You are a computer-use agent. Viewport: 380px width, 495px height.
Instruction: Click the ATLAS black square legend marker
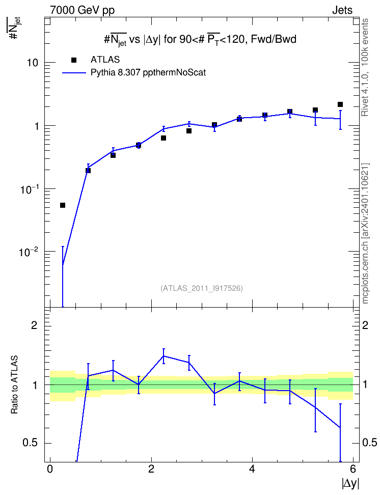click(x=74, y=60)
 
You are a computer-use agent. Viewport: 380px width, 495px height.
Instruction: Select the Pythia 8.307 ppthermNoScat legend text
click(x=148, y=73)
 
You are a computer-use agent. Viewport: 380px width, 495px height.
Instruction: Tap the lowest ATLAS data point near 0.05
click(x=63, y=205)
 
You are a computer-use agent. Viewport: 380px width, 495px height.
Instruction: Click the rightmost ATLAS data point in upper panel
click(x=340, y=104)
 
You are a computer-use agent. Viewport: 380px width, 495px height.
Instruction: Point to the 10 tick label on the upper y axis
click(x=33, y=63)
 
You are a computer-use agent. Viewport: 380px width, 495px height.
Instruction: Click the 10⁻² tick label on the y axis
click(x=29, y=252)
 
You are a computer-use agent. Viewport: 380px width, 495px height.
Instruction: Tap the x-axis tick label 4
click(x=252, y=469)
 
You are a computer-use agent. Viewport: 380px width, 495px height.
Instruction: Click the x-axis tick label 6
click(x=353, y=469)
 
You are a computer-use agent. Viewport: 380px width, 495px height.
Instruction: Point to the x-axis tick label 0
click(x=50, y=469)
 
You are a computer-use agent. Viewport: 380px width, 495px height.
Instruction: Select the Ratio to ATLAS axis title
click(x=14, y=385)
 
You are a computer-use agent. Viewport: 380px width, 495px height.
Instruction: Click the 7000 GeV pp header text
click(x=82, y=10)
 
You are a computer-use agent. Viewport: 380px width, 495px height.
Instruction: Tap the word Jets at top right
click(x=342, y=10)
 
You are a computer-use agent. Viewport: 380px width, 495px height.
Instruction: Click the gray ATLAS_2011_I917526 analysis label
click(x=202, y=288)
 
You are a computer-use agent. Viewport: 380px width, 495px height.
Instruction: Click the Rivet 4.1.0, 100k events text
click(x=365, y=67)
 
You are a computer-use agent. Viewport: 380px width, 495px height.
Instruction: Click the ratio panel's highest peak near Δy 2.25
click(x=164, y=356)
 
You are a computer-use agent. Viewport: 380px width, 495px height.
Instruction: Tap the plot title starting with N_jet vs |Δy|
click(x=200, y=39)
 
